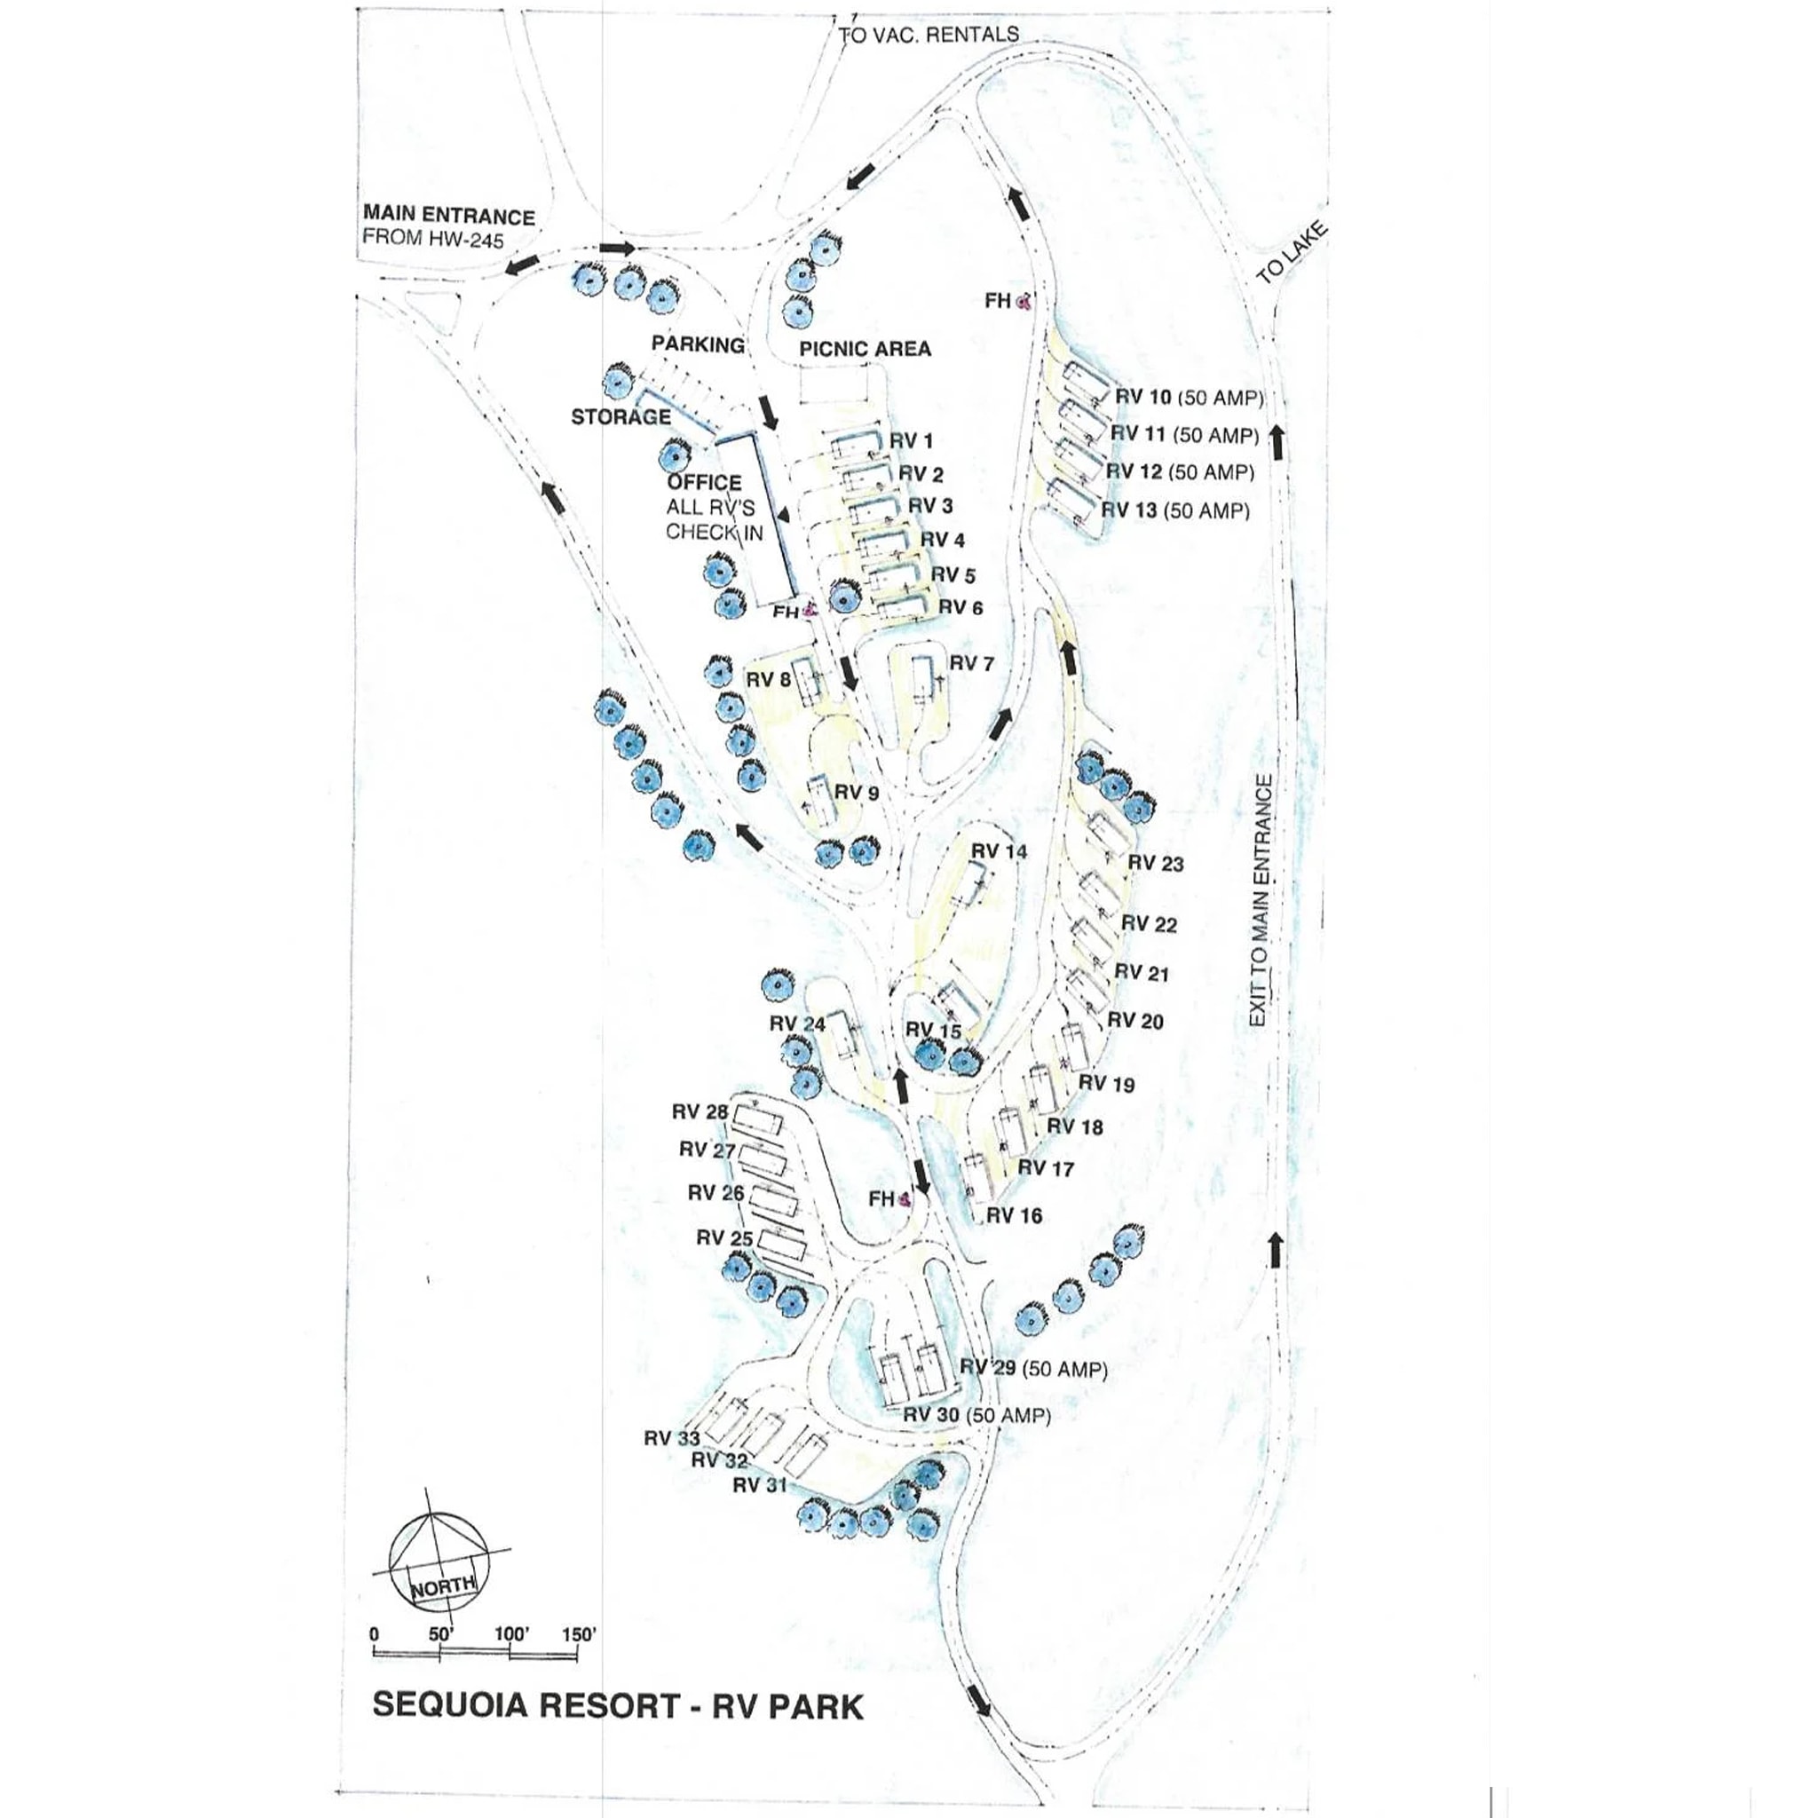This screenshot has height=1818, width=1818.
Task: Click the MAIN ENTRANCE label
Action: click(449, 217)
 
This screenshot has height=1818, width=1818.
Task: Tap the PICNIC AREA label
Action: click(865, 349)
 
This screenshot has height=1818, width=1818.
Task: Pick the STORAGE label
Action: click(621, 417)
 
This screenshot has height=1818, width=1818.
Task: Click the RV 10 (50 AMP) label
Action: click(1189, 397)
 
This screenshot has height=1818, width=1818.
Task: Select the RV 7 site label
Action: click(971, 664)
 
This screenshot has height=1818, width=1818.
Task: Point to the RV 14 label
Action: click(1000, 851)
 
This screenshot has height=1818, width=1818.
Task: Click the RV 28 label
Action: click(700, 1112)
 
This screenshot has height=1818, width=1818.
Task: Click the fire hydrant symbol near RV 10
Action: click(1024, 302)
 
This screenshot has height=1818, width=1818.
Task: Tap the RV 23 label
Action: click(1156, 863)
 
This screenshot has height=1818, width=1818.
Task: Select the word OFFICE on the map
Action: click(704, 483)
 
